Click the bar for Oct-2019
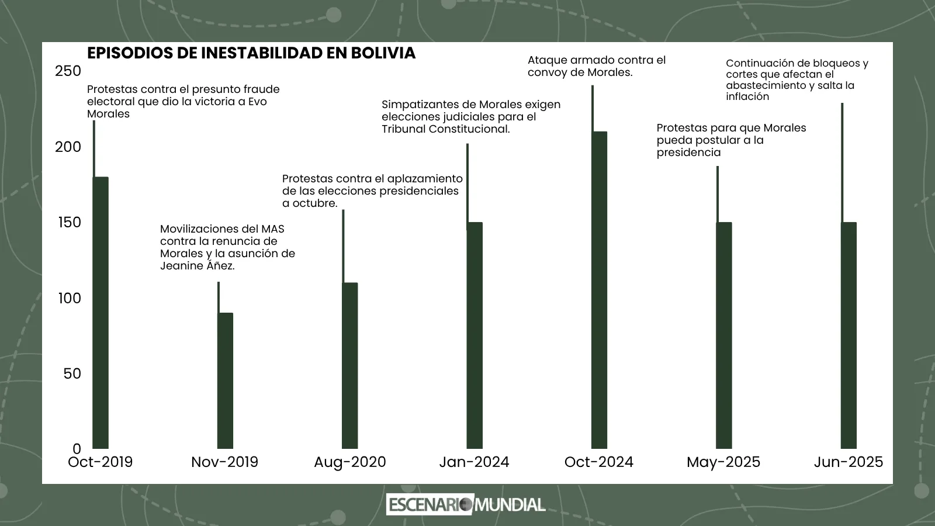[x=101, y=313]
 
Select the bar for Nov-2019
[x=225, y=380]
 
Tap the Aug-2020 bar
[x=349, y=365]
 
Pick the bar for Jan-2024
[x=475, y=335]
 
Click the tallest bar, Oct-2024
[x=599, y=290]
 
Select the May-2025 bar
[x=723, y=335]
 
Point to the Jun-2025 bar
[x=849, y=335]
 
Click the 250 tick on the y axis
[x=68, y=71]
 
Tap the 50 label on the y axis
[x=72, y=373]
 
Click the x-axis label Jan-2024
[x=474, y=462]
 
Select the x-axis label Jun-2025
[x=849, y=462]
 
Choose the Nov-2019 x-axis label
[x=224, y=462]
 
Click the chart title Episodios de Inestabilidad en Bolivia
[x=251, y=53]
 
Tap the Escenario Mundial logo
[x=466, y=504]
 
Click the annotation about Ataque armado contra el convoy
[x=596, y=66]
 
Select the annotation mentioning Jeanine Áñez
[x=227, y=247]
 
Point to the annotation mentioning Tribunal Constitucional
[x=470, y=116]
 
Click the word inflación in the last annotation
[x=747, y=97]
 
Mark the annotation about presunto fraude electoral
[x=183, y=101]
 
